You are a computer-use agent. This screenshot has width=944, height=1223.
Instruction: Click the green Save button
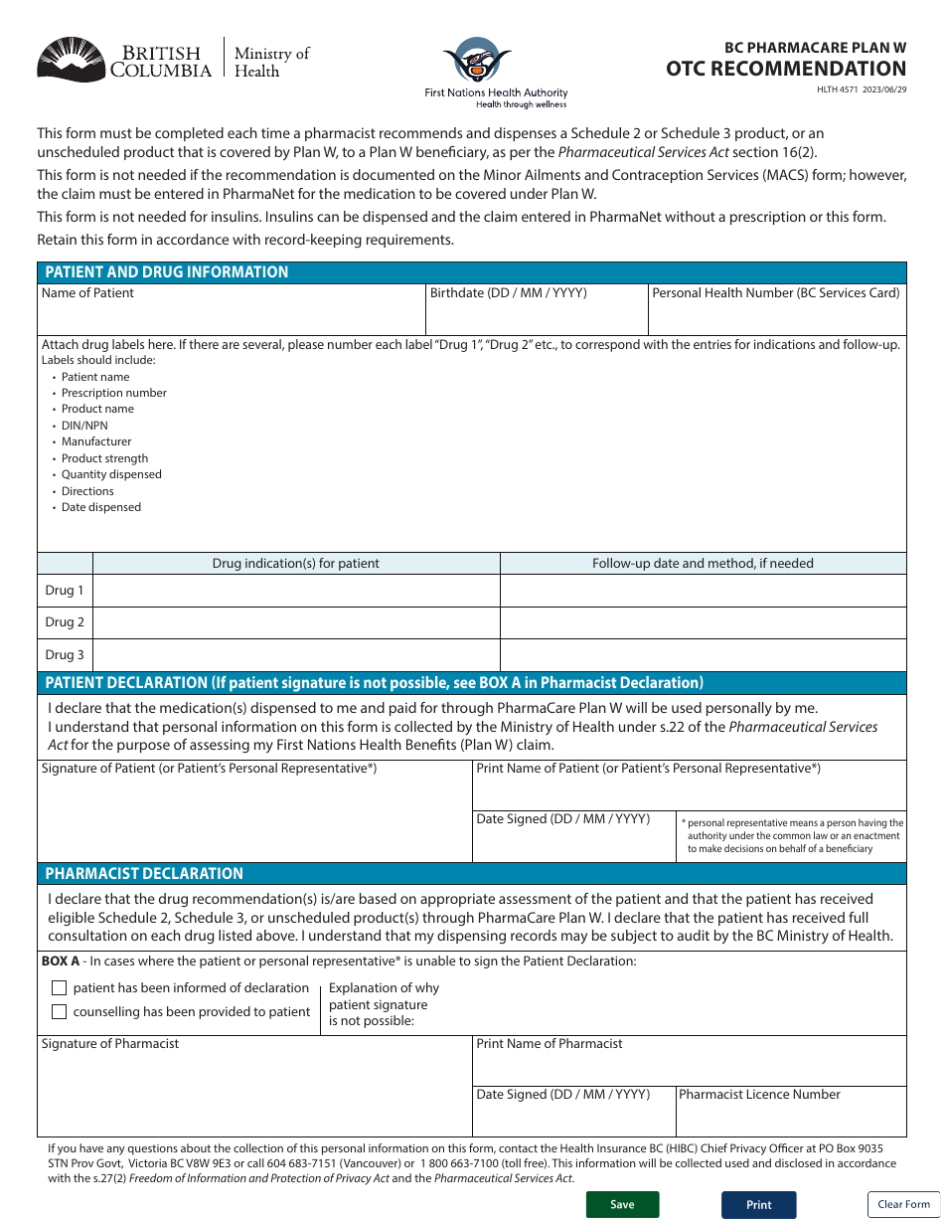pyautogui.click(x=622, y=1204)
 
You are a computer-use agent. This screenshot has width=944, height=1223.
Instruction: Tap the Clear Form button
pyautogui.click(x=903, y=1204)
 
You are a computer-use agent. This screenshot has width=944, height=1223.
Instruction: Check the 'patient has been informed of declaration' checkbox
pyautogui.click(x=59, y=987)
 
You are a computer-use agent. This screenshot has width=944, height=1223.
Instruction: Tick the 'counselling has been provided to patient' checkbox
pyautogui.click(x=59, y=1012)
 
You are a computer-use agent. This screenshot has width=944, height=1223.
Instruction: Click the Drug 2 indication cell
pyautogui.click(x=296, y=622)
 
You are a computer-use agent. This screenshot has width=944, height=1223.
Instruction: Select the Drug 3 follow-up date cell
pyautogui.click(x=703, y=655)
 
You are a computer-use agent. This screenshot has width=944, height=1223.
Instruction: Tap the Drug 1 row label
pyautogui.click(x=65, y=591)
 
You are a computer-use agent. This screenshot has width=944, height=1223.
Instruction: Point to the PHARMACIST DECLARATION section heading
pyautogui.click(x=144, y=874)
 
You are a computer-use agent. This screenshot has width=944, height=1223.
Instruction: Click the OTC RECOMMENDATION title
pyautogui.click(x=786, y=69)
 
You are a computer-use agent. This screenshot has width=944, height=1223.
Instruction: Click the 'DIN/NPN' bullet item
pyautogui.click(x=84, y=426)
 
